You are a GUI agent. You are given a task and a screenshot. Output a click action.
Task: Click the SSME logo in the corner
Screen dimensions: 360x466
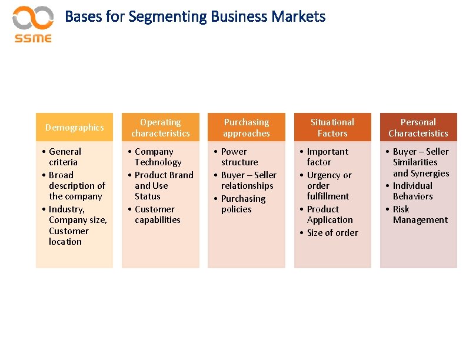(x=33, y=24)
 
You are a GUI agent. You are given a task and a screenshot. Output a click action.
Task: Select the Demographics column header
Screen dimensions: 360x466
(x=74, y=128)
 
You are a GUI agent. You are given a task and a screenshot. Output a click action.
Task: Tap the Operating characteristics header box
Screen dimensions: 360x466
(x=161, y=128)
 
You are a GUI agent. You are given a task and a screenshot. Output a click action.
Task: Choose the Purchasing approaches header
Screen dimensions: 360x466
(x=247, y=128)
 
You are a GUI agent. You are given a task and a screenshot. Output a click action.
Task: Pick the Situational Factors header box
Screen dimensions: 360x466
(x=332, y=128)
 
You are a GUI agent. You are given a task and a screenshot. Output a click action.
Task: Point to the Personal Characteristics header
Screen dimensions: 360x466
(x=418, y=128)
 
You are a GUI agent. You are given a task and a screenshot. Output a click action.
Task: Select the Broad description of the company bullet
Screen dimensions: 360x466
(x=76, y=186)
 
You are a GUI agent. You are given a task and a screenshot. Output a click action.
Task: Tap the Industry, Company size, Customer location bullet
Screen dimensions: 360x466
(x=77, y=225)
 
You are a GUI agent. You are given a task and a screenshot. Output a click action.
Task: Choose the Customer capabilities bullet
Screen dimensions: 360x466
(x=157, y=215)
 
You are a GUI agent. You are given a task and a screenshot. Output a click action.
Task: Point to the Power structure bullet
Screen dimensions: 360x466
(x=239, y=156)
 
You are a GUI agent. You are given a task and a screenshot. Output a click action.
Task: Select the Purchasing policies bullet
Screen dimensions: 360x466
(x=242, y=204)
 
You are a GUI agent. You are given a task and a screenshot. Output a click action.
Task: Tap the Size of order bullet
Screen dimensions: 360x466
(x=332, y=233)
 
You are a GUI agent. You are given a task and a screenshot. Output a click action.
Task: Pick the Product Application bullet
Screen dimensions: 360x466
(x=329, y=215)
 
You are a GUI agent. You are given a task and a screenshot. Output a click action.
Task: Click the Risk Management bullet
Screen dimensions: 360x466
(x=420, y=215)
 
